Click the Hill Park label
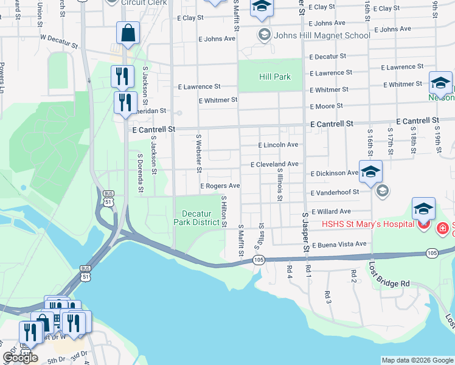[275, 77]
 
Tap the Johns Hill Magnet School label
[322, 35]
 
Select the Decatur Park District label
[200, 218]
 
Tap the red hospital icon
[424, 225]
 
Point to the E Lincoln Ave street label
[278, 145]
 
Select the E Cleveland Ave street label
[274, 164]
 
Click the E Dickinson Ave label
[334, 173]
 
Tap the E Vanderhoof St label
[343, 192]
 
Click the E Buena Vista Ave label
[339, 244]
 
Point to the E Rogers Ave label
[220, 186]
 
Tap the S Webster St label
[198, 148]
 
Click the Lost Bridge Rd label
[389, 275]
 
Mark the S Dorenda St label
[140, 172]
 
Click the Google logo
[20, 358]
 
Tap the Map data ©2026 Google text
[417, 360]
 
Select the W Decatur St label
[59, 41]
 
